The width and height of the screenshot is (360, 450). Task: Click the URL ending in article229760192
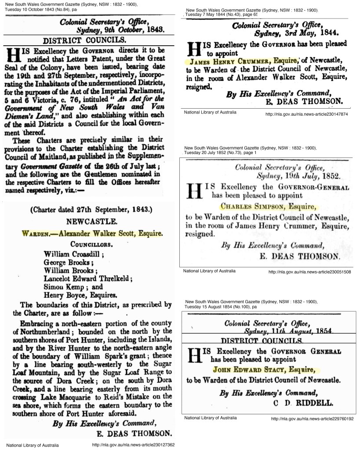313,418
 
